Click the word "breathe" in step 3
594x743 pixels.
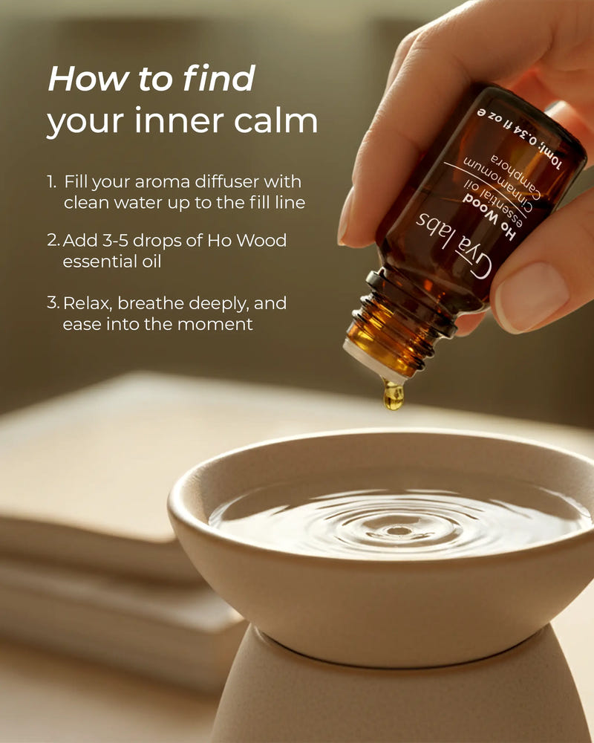[x=151, y=303]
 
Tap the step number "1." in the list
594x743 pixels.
[x=52, y=181]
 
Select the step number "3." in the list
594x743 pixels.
[x=53, y=303]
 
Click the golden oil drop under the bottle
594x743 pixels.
[x=394, y=395]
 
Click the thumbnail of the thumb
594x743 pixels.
[x=531, y=296]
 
